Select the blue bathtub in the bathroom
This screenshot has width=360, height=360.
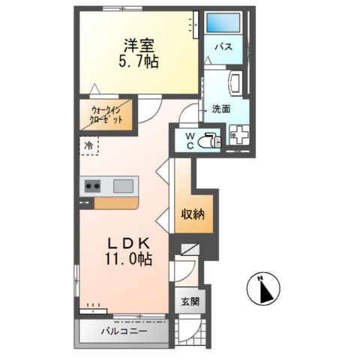click(x=221, y=22)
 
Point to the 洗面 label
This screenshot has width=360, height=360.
click(x=220, y=108)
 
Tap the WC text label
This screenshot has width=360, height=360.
click(x=189, y=139)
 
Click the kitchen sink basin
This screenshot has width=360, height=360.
click(x=123, y=185)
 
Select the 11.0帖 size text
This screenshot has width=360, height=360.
click(x=128, y=259)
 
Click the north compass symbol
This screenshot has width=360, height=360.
click(x=264, y=289)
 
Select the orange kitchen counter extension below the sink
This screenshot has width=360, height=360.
click(x=116, y=203)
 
